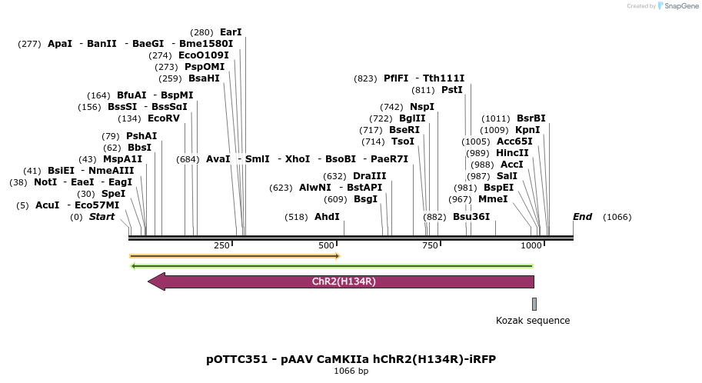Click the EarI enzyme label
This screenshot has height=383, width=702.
pyautogui.click(x=231, y=32)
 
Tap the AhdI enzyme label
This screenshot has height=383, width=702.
pyautogui.click(x=327, y=217)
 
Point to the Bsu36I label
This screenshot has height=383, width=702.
pyautogui.click(x=471, y=217)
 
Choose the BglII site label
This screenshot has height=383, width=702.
pyautogui.click(x=412, y=118)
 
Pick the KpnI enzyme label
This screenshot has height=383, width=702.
pyautogui.click(x=527, y=130)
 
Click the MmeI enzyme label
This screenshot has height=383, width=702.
pyautogui.click(x=493, y=199)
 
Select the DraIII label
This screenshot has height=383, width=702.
pyautogui.click(x=369, y=176)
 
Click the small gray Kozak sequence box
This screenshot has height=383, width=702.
pyautogui.click(x=534, y=304)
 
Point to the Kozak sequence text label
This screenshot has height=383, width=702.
pyautogui.click(x=533, y=321)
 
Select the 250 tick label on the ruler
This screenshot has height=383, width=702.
pyautogui.click(x=221, y=245)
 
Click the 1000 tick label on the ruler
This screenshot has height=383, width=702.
pyautogui.click(x=531, y=245)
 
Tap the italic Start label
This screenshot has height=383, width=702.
pyautogui.click(x=101, y=217)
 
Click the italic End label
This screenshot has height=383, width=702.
pyautogui.click(x=582, y=217)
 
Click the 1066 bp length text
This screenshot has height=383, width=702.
pyautogui.click(x=351, y=371)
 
